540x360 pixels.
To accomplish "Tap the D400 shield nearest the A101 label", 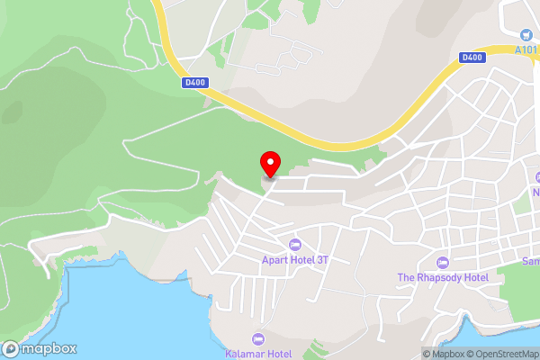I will click(472, 57).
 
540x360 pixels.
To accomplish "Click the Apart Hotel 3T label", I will click(293, 261).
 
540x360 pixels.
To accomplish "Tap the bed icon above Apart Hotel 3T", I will click(294, 245).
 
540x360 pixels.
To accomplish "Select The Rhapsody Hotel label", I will click(443, 277).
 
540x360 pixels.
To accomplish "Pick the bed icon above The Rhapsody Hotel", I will click(442, 262).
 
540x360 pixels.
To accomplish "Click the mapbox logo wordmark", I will click(49, 349).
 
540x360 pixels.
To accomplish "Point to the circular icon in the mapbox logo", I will click(11, 349).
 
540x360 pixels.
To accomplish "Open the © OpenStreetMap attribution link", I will click(500, 354).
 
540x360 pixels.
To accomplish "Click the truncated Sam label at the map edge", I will click(530, 261).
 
